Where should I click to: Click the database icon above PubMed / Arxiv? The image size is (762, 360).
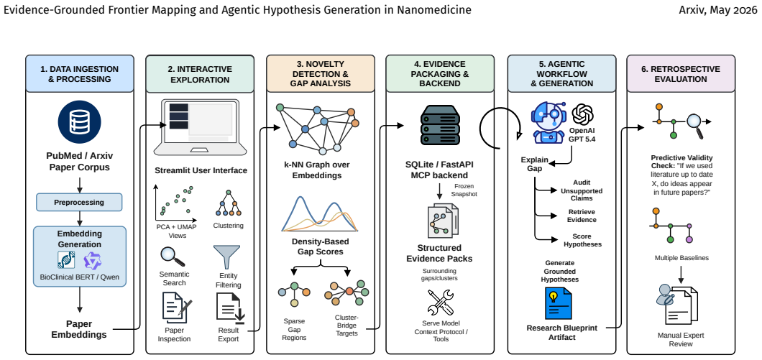[79, 122]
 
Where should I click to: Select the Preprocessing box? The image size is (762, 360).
[79, 202]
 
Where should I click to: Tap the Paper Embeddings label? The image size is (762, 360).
[79, 329]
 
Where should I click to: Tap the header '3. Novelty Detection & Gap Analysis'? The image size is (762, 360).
[320, 73]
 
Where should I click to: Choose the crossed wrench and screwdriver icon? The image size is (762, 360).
[440, 303]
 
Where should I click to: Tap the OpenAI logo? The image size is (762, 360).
[583, 115]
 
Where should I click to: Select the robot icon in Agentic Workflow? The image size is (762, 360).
[548, 122]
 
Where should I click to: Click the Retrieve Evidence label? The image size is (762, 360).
[582, 216]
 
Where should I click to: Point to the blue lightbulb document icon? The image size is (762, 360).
[559, 303]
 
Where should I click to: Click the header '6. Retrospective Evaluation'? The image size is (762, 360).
[680, 73]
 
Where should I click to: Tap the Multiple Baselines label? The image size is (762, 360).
[681, 258]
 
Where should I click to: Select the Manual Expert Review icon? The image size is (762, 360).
[676, 304]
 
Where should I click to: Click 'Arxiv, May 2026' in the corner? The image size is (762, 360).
[717, 10]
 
